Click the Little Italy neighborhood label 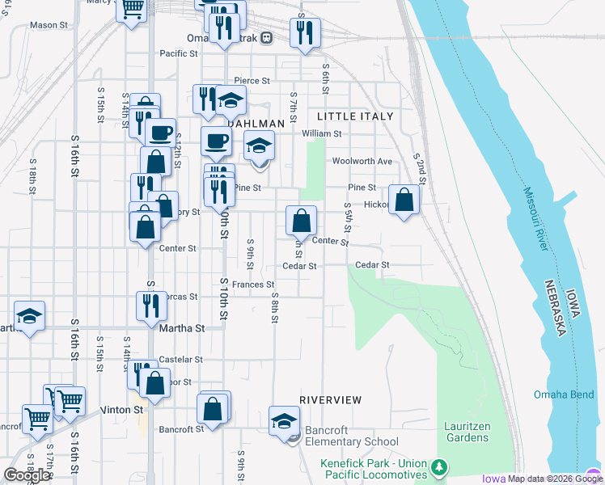pos(355,116)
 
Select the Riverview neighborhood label pos(330,400)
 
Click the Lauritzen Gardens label pos(467,431)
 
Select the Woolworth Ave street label pos(362,162)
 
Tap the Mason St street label pos(49,25)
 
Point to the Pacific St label pos(179,54)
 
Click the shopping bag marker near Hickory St pos(404,200)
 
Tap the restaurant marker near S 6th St pos(305,33)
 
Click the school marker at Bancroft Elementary pos(284,420)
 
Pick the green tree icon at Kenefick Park pos(438,467)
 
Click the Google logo pos(27,475)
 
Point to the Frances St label pos(253,285)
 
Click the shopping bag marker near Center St pos(300,221)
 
